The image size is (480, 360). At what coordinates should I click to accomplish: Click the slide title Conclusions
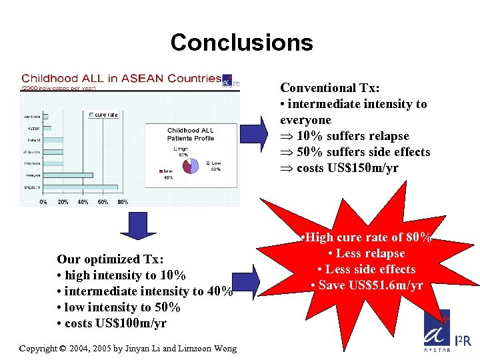[241, 43]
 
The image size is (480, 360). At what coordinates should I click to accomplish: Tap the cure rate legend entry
[103, 115]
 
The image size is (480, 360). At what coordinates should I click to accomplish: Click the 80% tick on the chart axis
[123, 201]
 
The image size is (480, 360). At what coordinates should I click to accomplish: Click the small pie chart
[189, 164]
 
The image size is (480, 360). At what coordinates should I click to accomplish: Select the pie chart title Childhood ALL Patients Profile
[191, 135]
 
